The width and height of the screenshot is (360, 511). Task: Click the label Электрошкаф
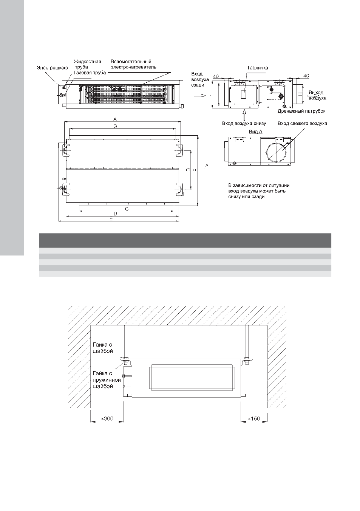coord(52,68)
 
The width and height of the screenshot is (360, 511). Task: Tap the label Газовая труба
coord(90,73)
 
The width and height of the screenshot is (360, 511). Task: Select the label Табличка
coord(257,68)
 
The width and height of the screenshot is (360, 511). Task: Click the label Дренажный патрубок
coord(301,111)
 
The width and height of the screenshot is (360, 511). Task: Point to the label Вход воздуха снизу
coord(244,124)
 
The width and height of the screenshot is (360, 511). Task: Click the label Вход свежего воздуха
coord(302,124)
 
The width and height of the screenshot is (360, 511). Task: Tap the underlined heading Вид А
coord(255,132)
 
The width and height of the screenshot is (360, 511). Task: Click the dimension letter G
coord(115,126)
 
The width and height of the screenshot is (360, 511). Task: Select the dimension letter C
coord(127,209)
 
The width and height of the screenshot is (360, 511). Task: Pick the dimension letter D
coord(115,214)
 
